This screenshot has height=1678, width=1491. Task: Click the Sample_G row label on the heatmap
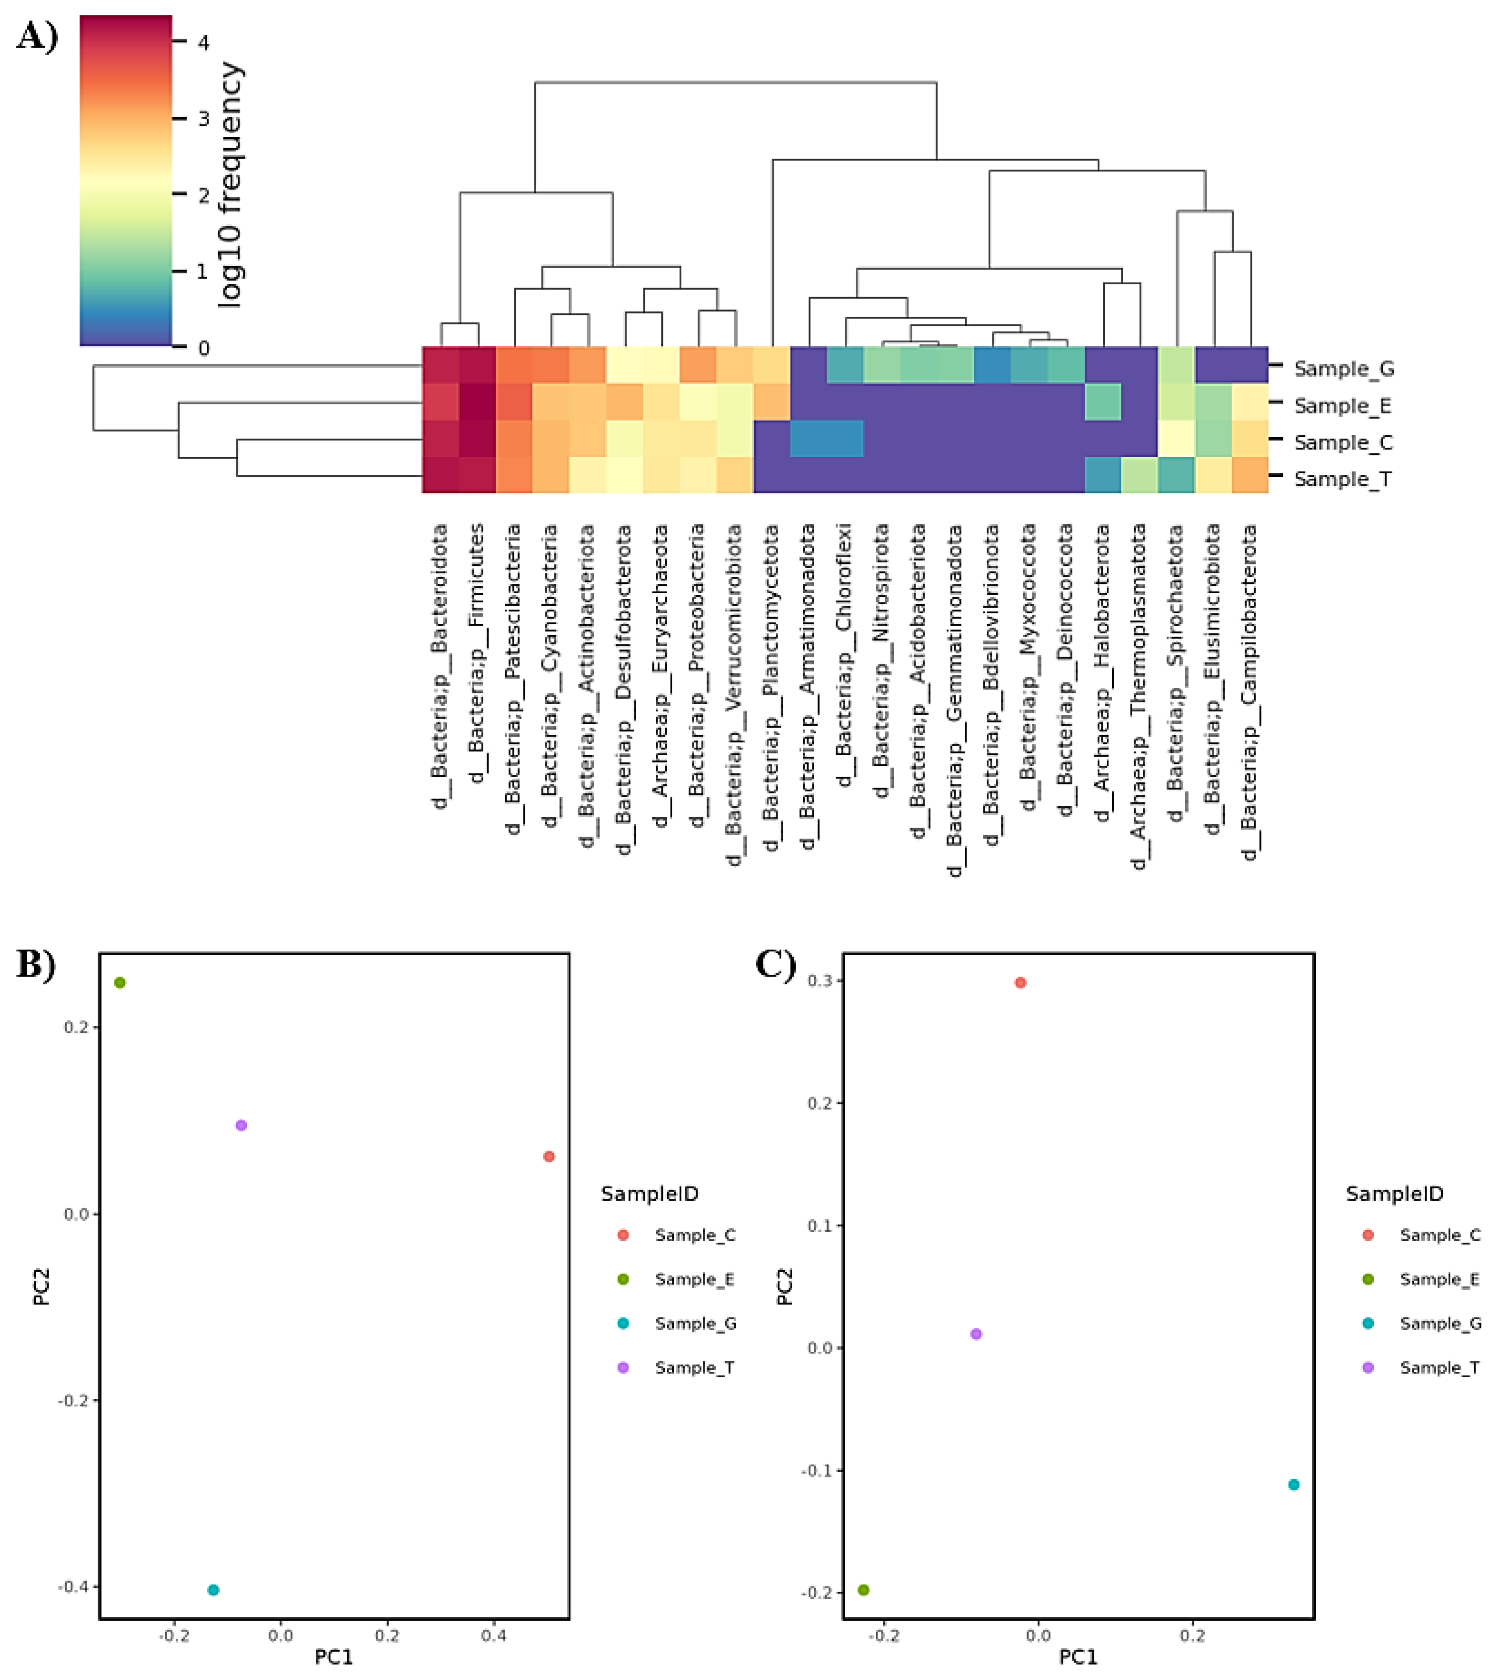(x=1343, y=369)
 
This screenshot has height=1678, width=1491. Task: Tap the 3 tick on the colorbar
(x=203, y=118)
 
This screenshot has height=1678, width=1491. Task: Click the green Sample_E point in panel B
(x=120, y=983)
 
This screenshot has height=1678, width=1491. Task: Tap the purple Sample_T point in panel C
(x=976, y=1334)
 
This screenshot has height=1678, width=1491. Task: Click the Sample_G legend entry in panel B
(x=695, y=1323)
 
